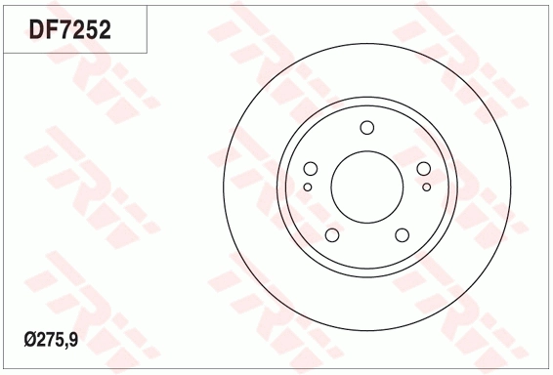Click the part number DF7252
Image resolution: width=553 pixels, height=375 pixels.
tap(70, 29)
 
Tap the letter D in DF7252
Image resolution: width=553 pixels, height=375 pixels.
tap(36, 29)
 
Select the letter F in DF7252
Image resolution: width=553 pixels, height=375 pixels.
tap(52, 29)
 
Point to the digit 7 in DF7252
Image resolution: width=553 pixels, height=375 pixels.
tap(64, 29)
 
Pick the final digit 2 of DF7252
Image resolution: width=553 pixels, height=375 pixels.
tap(105, 29)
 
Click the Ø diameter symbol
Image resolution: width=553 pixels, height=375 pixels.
tap(30, 340)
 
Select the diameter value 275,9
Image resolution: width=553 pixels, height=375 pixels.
tap(58, 341)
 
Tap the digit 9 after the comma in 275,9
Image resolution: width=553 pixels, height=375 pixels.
tap(73, 340)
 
